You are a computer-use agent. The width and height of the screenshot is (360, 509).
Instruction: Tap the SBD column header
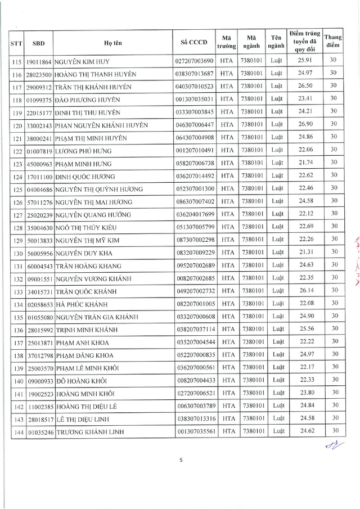click(39, 42)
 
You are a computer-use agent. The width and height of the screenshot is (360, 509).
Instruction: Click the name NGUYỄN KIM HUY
click(82, 61)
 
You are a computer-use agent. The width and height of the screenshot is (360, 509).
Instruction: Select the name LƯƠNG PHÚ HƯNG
click(84, 151)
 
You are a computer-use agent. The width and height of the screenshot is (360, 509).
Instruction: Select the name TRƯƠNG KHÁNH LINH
click(90, 432)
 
